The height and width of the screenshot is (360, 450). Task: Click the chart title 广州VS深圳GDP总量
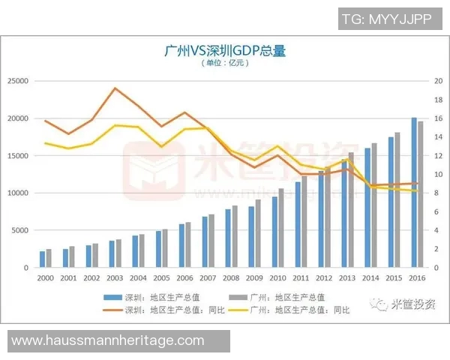[224, 51]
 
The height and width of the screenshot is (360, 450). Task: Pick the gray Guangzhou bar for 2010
[281, 228]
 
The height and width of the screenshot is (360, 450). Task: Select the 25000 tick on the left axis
[17, 81]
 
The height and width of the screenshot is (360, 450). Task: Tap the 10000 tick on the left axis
[17, 193]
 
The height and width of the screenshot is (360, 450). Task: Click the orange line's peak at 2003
[115, 88]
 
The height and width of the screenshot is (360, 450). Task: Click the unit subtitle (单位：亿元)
[224, 63]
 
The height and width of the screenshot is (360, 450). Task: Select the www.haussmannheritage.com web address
[108, 340]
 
